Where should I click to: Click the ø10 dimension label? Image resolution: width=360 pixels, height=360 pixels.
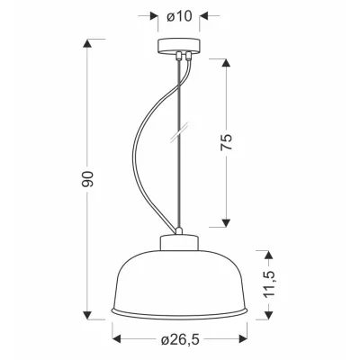click(179, 16)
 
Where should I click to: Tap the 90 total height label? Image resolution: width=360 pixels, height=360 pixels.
click(87, 179)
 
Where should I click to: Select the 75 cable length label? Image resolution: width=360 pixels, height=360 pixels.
click(227, 142)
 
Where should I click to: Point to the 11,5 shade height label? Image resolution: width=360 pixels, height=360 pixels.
click(270, 284)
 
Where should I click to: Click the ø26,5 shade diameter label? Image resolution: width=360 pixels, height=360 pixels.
click(180, 339)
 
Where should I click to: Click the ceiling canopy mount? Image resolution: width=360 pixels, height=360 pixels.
click(179, 46)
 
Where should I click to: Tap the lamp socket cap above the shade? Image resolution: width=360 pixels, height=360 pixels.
click(179, 243)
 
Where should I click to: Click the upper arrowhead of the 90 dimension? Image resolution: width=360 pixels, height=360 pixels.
click(87, 43)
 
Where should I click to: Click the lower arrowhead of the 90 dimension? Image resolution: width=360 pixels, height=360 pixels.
click(87, 315)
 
